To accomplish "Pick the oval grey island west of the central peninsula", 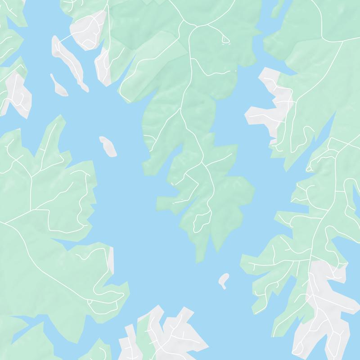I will click(108, 146).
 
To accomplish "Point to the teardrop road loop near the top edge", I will click(225, 40).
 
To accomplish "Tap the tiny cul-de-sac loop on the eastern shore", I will click(309, 169).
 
